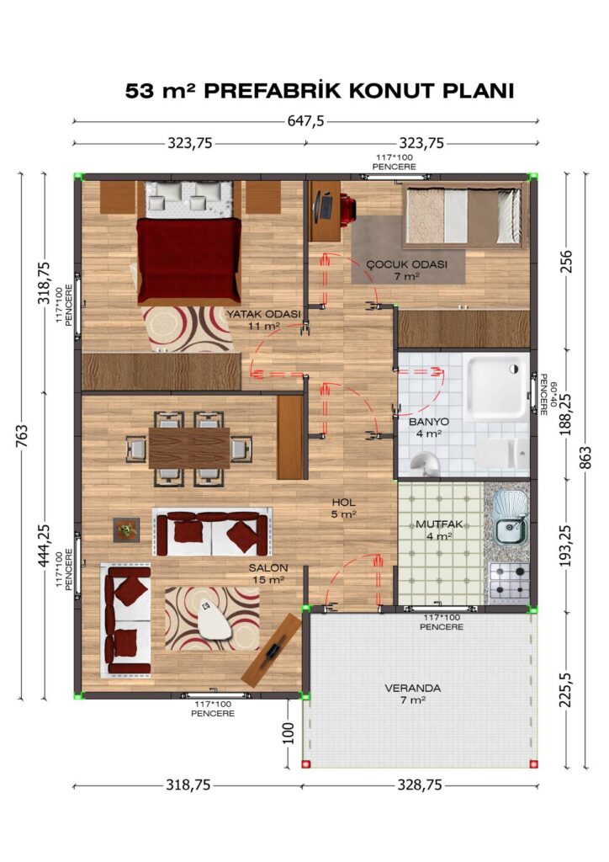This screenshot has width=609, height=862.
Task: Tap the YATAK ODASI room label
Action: (263, 315)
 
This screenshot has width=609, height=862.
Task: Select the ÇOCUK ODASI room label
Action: (407, 264)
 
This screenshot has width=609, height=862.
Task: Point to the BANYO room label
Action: (429, 423)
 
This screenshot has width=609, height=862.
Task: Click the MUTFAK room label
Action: (439, 524)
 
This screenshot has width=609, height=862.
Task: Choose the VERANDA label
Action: (413, 689)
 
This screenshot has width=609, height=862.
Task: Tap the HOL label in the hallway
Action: (344, 503)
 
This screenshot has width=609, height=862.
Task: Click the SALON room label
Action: (268, 568)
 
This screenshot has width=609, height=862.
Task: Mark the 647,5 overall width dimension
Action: (306, 121)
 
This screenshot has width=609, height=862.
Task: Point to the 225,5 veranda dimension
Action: (565, 690)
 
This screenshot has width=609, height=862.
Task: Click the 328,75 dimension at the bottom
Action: (420, 785)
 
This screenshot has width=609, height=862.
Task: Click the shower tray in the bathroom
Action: (495, 386)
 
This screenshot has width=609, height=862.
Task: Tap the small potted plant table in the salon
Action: (126, 530)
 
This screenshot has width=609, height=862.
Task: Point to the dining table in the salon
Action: (189, 448)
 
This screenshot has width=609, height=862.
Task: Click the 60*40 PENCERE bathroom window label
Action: (548, 394)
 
